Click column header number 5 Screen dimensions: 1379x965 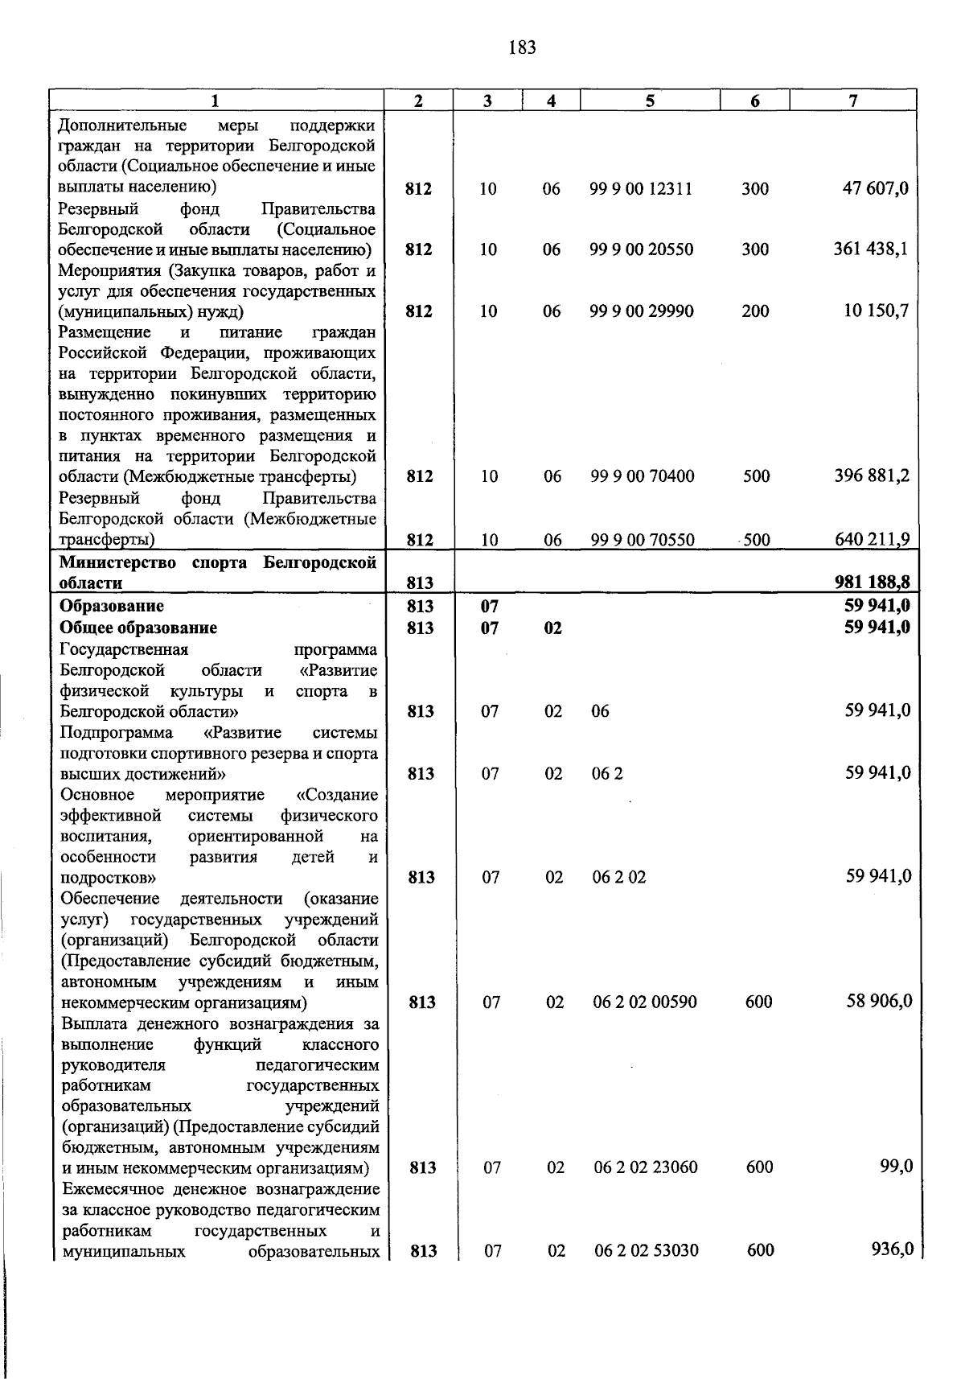[x=649, y=101]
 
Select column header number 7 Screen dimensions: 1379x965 [x=852, y=101]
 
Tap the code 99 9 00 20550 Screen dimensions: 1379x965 [x=641, y=249]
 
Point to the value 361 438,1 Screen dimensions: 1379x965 [x=871, y=249]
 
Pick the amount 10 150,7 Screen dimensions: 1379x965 [x=876, y=311]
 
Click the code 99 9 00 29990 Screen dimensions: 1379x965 [x=641, y=311]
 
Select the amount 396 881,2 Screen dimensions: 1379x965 [x=871, y=475]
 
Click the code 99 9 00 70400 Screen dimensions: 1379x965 [x=642, y=476]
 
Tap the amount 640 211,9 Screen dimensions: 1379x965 [x=871, y=539]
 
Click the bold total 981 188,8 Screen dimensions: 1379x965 [x=871, y=582]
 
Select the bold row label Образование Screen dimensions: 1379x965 [x=112, y=606]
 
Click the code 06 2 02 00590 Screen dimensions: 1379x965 [x=645, y=1002]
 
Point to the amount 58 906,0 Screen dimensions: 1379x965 [x=879, y=1001]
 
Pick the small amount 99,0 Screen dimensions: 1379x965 [x=896, y=1167]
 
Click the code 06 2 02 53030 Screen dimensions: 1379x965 [x=647, y=1250]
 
